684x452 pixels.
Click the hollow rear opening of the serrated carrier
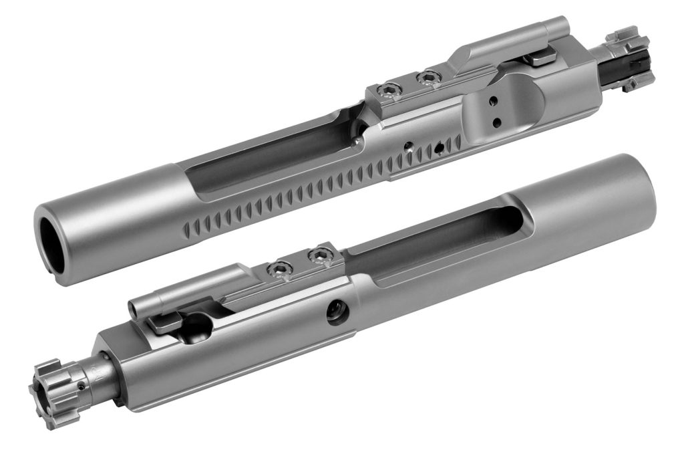click(53, 245)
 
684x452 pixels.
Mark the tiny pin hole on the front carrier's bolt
click(81, 386)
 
